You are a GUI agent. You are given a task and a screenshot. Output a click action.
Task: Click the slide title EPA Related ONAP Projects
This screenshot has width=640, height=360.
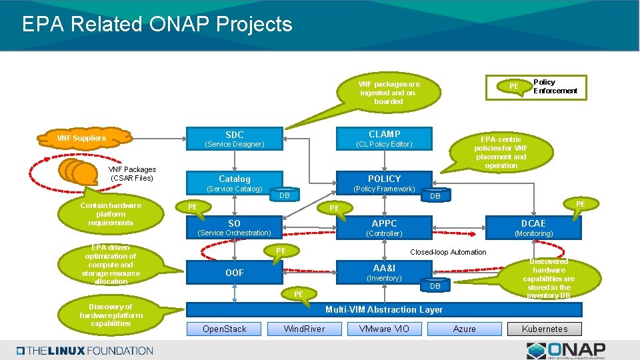157,25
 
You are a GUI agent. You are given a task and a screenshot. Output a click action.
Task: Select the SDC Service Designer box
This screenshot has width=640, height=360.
234,139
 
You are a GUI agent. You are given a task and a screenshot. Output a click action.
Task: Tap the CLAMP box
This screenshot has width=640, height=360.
384,139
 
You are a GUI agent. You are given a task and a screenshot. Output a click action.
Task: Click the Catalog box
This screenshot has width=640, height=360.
234,183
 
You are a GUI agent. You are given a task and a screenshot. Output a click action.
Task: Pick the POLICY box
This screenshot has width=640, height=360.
384,183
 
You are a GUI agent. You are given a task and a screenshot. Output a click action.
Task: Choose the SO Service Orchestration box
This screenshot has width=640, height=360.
234,227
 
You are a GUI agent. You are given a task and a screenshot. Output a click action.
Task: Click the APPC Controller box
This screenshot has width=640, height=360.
384,227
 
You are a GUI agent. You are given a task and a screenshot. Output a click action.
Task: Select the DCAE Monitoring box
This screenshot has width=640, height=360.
533,227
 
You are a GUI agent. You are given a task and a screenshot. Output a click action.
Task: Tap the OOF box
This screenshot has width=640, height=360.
234,272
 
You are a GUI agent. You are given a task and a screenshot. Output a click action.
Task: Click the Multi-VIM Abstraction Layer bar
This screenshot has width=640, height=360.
384,309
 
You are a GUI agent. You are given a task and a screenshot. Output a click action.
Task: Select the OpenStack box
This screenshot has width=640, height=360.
225,329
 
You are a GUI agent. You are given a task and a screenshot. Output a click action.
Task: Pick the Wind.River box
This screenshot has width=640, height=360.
304,329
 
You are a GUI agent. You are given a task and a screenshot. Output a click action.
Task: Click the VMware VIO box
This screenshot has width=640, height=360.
384,329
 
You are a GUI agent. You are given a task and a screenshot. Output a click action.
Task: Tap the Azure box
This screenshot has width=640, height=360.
464,329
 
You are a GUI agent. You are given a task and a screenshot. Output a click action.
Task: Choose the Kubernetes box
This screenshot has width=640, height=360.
545,329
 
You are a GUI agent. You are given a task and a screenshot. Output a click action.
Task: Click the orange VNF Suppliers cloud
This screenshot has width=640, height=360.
82,138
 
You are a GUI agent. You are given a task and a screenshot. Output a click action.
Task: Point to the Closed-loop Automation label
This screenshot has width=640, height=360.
448,252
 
